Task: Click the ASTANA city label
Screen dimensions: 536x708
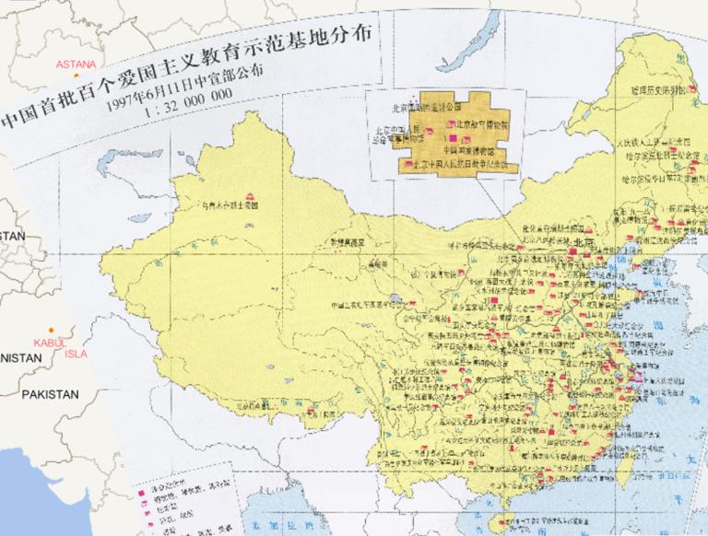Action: point(75,64)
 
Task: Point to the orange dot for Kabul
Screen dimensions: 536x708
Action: point(52,331)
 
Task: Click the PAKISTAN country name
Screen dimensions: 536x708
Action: point(51,394)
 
